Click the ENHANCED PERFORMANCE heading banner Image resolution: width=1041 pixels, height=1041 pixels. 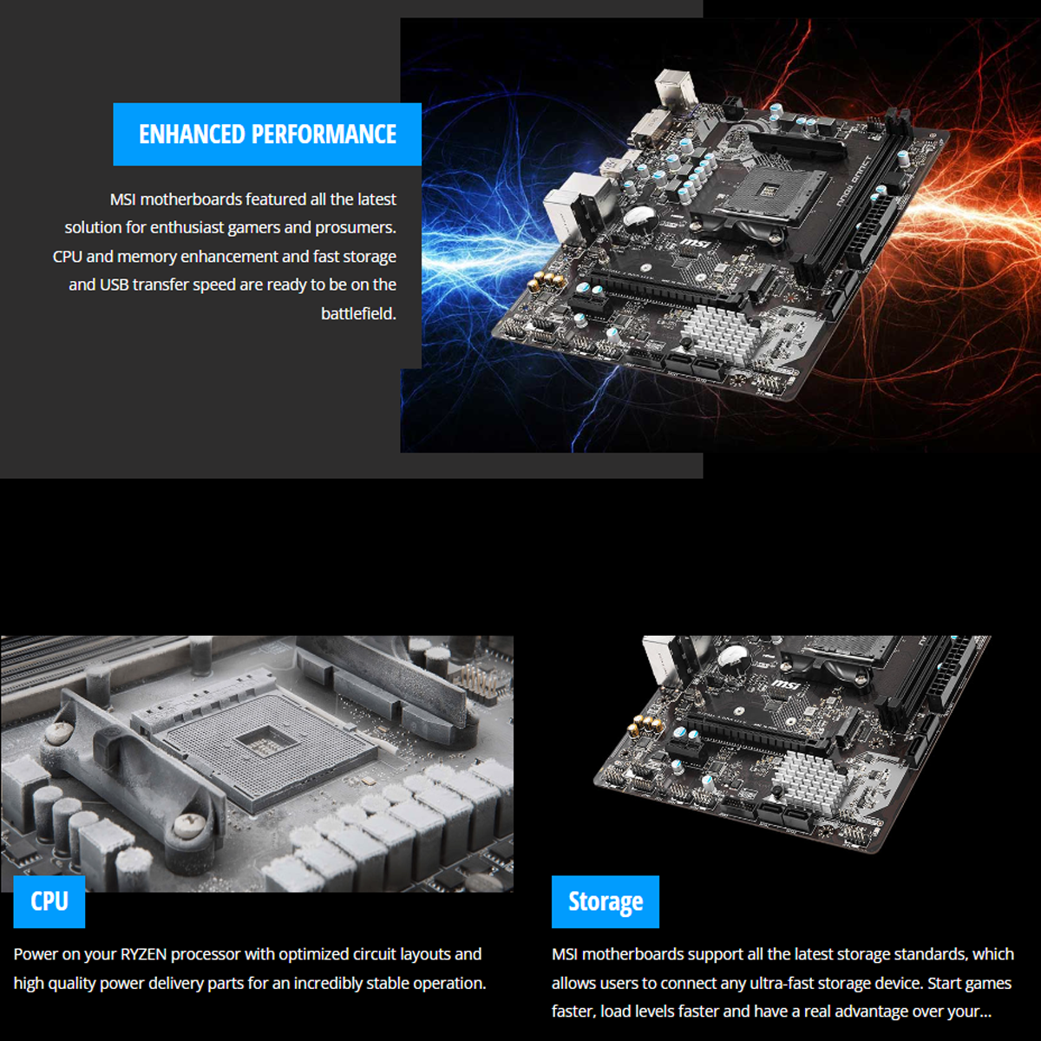(x=267, y=134)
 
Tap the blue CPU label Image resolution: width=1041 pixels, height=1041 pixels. (x=49, y=901)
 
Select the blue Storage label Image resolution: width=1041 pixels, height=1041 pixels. (x=605, y=902)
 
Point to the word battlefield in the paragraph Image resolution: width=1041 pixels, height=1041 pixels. (x=358, y=313)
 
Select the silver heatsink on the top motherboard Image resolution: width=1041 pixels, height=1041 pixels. (x=717, y=331)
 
